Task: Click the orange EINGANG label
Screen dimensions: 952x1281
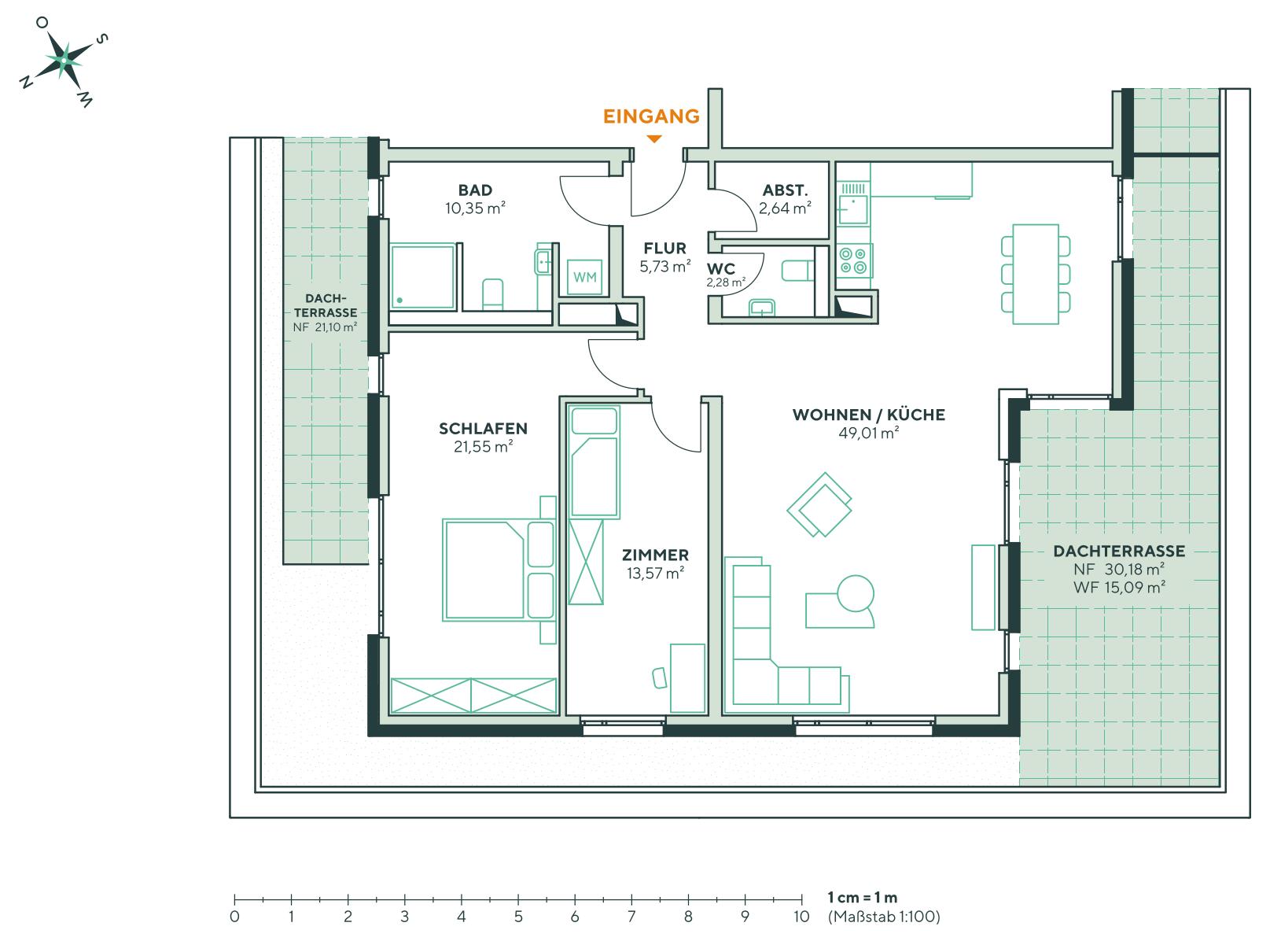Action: (651, 116)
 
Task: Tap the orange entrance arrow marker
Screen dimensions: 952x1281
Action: (653, 139)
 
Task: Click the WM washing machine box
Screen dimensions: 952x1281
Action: (584, 277)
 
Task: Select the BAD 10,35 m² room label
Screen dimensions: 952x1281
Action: (475, 199)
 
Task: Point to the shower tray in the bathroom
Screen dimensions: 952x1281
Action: (423, 276)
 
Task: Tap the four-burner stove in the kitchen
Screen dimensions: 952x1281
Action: (853, 260)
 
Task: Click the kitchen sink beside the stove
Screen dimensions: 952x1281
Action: (852, 208)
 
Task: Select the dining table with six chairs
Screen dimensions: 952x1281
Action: (1036, 274)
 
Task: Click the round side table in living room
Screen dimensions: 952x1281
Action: (856, 592)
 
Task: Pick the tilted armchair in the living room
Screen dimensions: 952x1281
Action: (820, 504)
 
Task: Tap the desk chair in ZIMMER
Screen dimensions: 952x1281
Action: (659, 677)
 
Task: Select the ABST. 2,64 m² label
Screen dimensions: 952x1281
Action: (785, 199)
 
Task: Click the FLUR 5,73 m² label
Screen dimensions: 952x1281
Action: (664, 257)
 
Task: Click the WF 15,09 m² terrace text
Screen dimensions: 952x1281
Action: (1118, 586)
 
